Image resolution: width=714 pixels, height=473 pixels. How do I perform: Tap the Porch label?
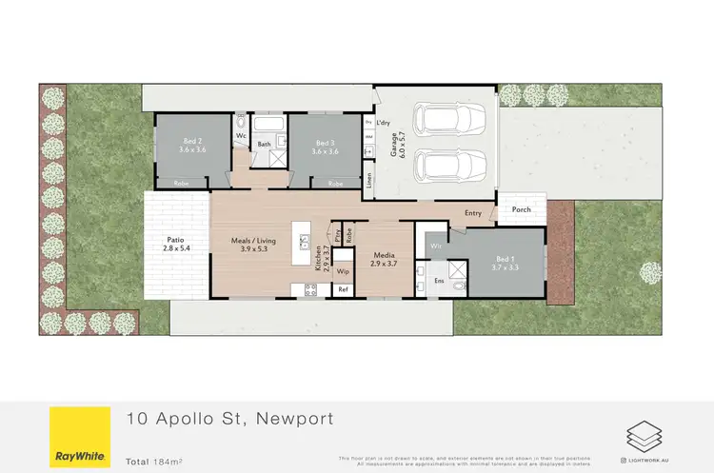pos(521,210)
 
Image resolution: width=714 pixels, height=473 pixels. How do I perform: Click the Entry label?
pos(473,214)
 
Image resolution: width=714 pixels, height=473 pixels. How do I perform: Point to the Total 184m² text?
pos(156,461)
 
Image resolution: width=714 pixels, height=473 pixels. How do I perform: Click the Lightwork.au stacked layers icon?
pos(639,436)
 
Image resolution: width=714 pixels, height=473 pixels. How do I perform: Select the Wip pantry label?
pos(342,271)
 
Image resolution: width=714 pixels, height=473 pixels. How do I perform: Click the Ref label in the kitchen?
pos(342,289)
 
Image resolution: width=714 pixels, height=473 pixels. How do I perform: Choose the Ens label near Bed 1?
pos(439,282)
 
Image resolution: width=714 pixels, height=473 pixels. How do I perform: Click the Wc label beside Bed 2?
pos(241,135)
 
